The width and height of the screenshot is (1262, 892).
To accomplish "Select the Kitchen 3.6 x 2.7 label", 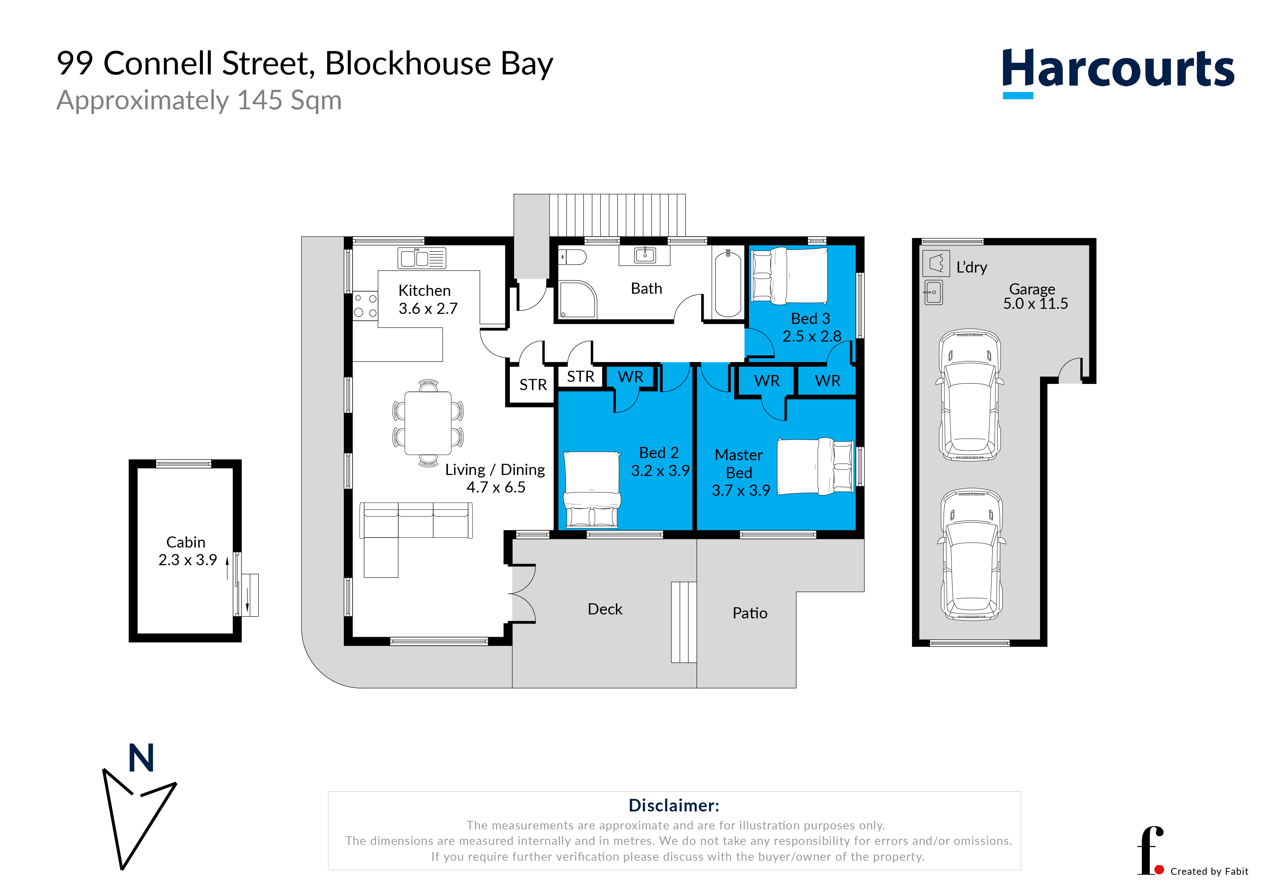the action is [x=427, y=299].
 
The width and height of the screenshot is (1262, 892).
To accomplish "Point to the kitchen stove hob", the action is [x=366, y=306].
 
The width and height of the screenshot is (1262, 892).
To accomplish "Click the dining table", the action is [x=428, y=423].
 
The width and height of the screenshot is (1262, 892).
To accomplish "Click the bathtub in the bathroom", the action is [x=728, y=283].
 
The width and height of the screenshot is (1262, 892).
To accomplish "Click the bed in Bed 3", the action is [x=789, y=276].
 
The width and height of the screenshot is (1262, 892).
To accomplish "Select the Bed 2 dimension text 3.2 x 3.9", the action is [x=660, y=471].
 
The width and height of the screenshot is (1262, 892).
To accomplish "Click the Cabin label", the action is [x=186, y=542].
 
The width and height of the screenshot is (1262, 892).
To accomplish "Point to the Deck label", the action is [x=605, y=609].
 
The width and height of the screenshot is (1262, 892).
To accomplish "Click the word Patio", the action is [x=750, y=613].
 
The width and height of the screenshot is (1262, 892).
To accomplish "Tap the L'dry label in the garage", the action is [x=971, y=267].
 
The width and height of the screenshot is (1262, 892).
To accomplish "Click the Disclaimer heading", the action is [x=674, y=805].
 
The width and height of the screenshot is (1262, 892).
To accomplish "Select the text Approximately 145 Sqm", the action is [x=199, y=101].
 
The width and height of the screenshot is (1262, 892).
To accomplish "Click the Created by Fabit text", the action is [x=1209, y=872].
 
